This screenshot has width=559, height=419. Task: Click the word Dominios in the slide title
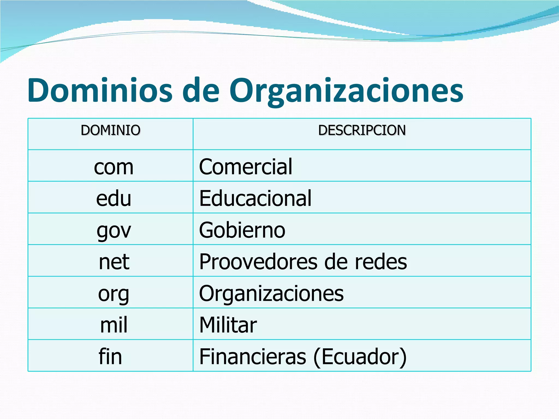pyautogui.click(x=100, y=90)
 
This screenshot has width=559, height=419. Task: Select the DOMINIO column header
pyautogui.click(x=111, y=130)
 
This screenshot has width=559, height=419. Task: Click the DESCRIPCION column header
pyautogui.click(x=362, y=130)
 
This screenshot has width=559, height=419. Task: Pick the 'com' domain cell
pyautogui.click(x=114, y=167)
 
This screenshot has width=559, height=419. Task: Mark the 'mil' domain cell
pyautogui.click(x=114, y=325)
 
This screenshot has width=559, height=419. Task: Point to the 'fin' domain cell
pyautogui.click(x=110, y=356)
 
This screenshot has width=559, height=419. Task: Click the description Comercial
pyautogui.click(x=246, y=167)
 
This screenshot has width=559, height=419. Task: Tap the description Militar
pyautogui.click(x=228, y=325)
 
